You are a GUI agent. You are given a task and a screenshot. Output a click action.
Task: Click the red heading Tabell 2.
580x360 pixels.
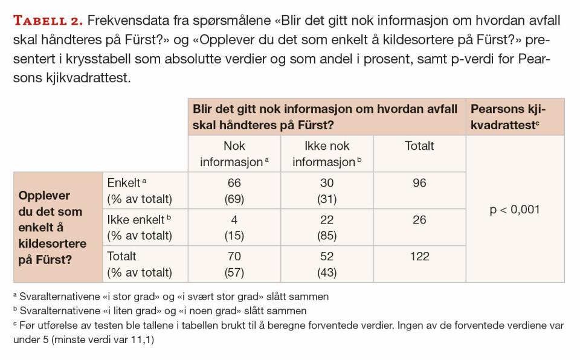point(48,21)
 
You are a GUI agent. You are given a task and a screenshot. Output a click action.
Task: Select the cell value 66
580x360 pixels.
point(234,183)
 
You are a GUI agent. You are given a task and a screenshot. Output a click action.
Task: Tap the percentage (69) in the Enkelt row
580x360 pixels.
point(234,199)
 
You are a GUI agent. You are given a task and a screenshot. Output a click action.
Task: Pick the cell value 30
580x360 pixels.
point(327,183)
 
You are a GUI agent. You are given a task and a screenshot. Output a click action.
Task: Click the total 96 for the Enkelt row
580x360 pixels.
point(419,183)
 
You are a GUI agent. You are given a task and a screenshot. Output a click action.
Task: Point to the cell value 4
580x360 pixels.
point(234,220)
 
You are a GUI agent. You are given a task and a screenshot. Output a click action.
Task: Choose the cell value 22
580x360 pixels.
point(327,220)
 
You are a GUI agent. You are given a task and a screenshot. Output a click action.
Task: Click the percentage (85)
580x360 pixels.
point(327,236)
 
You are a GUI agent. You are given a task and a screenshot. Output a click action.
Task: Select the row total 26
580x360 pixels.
point(419,220)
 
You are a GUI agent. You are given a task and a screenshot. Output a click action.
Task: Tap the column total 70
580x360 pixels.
point(234,257)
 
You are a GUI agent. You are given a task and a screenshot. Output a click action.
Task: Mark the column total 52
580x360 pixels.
point(327,257)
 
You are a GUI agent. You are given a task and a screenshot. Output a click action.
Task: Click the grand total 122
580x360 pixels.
point(419,257)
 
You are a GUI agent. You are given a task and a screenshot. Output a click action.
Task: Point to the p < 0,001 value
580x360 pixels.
point(515,210)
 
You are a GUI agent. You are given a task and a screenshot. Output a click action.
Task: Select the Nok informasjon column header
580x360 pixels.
point(234,154)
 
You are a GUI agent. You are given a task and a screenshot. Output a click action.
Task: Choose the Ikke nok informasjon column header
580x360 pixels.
point(327,154)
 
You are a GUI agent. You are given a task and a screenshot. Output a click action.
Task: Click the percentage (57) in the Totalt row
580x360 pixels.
point(234,272)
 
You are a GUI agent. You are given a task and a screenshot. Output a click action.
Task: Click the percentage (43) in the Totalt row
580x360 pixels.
point(327,272)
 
